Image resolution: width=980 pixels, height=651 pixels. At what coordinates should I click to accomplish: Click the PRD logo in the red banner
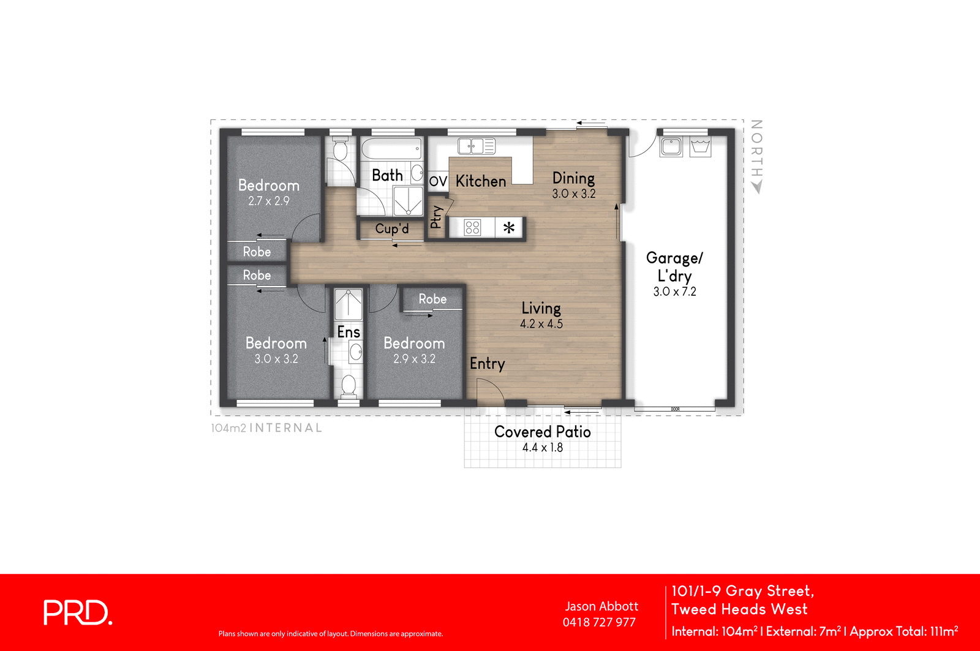[x=78, y=612]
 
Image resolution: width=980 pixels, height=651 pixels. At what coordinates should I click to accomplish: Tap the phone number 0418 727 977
[x=599, y=622]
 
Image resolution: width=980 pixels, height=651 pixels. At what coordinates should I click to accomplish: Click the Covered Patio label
[x=542, y=432]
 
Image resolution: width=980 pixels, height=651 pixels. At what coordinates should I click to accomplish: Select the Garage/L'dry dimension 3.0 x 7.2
[x=674, y=292]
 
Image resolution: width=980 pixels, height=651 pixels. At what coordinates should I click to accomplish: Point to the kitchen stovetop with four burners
[x=472, y=228]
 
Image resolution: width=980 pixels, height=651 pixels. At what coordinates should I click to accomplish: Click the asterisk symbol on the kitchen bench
[x=509, y=228]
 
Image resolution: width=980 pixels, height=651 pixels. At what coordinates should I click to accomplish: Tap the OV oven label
[x=438, y=181]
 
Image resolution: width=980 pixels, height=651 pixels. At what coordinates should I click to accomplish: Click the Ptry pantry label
[x=436, y=217]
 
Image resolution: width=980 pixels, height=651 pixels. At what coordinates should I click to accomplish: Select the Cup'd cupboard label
[x=391, y=229]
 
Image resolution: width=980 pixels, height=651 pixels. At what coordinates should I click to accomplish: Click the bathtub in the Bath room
[x=391, y=149]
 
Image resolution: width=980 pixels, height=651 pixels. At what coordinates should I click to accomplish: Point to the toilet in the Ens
[x=348, y=385]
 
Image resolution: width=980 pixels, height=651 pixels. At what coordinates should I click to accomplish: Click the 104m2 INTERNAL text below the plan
[x=266, y=428]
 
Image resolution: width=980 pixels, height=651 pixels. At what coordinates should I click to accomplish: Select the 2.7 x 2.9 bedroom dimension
[x=268, y=201]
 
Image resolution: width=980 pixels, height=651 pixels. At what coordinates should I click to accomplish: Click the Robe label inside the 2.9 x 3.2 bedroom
[x=432, y=299]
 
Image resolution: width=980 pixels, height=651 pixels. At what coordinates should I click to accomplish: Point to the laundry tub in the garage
[x=700, y=147]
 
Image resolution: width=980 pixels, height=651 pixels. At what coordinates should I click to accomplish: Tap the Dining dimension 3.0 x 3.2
[x=573, y=194]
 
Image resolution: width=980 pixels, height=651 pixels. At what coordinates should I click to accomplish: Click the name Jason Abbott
[x=601, y=606]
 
